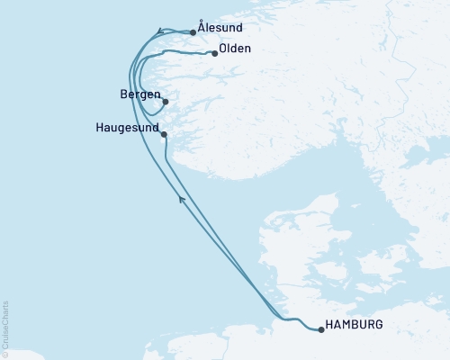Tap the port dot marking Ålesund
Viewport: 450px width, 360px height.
[x=193, y=33]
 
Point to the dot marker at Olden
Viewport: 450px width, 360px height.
[x=214, y=53]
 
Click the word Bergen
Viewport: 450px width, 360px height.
[x=139, y=94]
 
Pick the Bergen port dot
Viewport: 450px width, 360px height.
[x=165, y=102]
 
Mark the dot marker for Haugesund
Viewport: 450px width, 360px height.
[x=164, y=134]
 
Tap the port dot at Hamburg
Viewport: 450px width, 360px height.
[x=321, y=329]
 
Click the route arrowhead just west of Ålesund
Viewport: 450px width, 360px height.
[x=159, y=31]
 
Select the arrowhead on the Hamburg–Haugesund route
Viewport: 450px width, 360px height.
[x=182, y=199]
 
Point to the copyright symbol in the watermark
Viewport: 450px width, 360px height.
[x=5, y=354]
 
